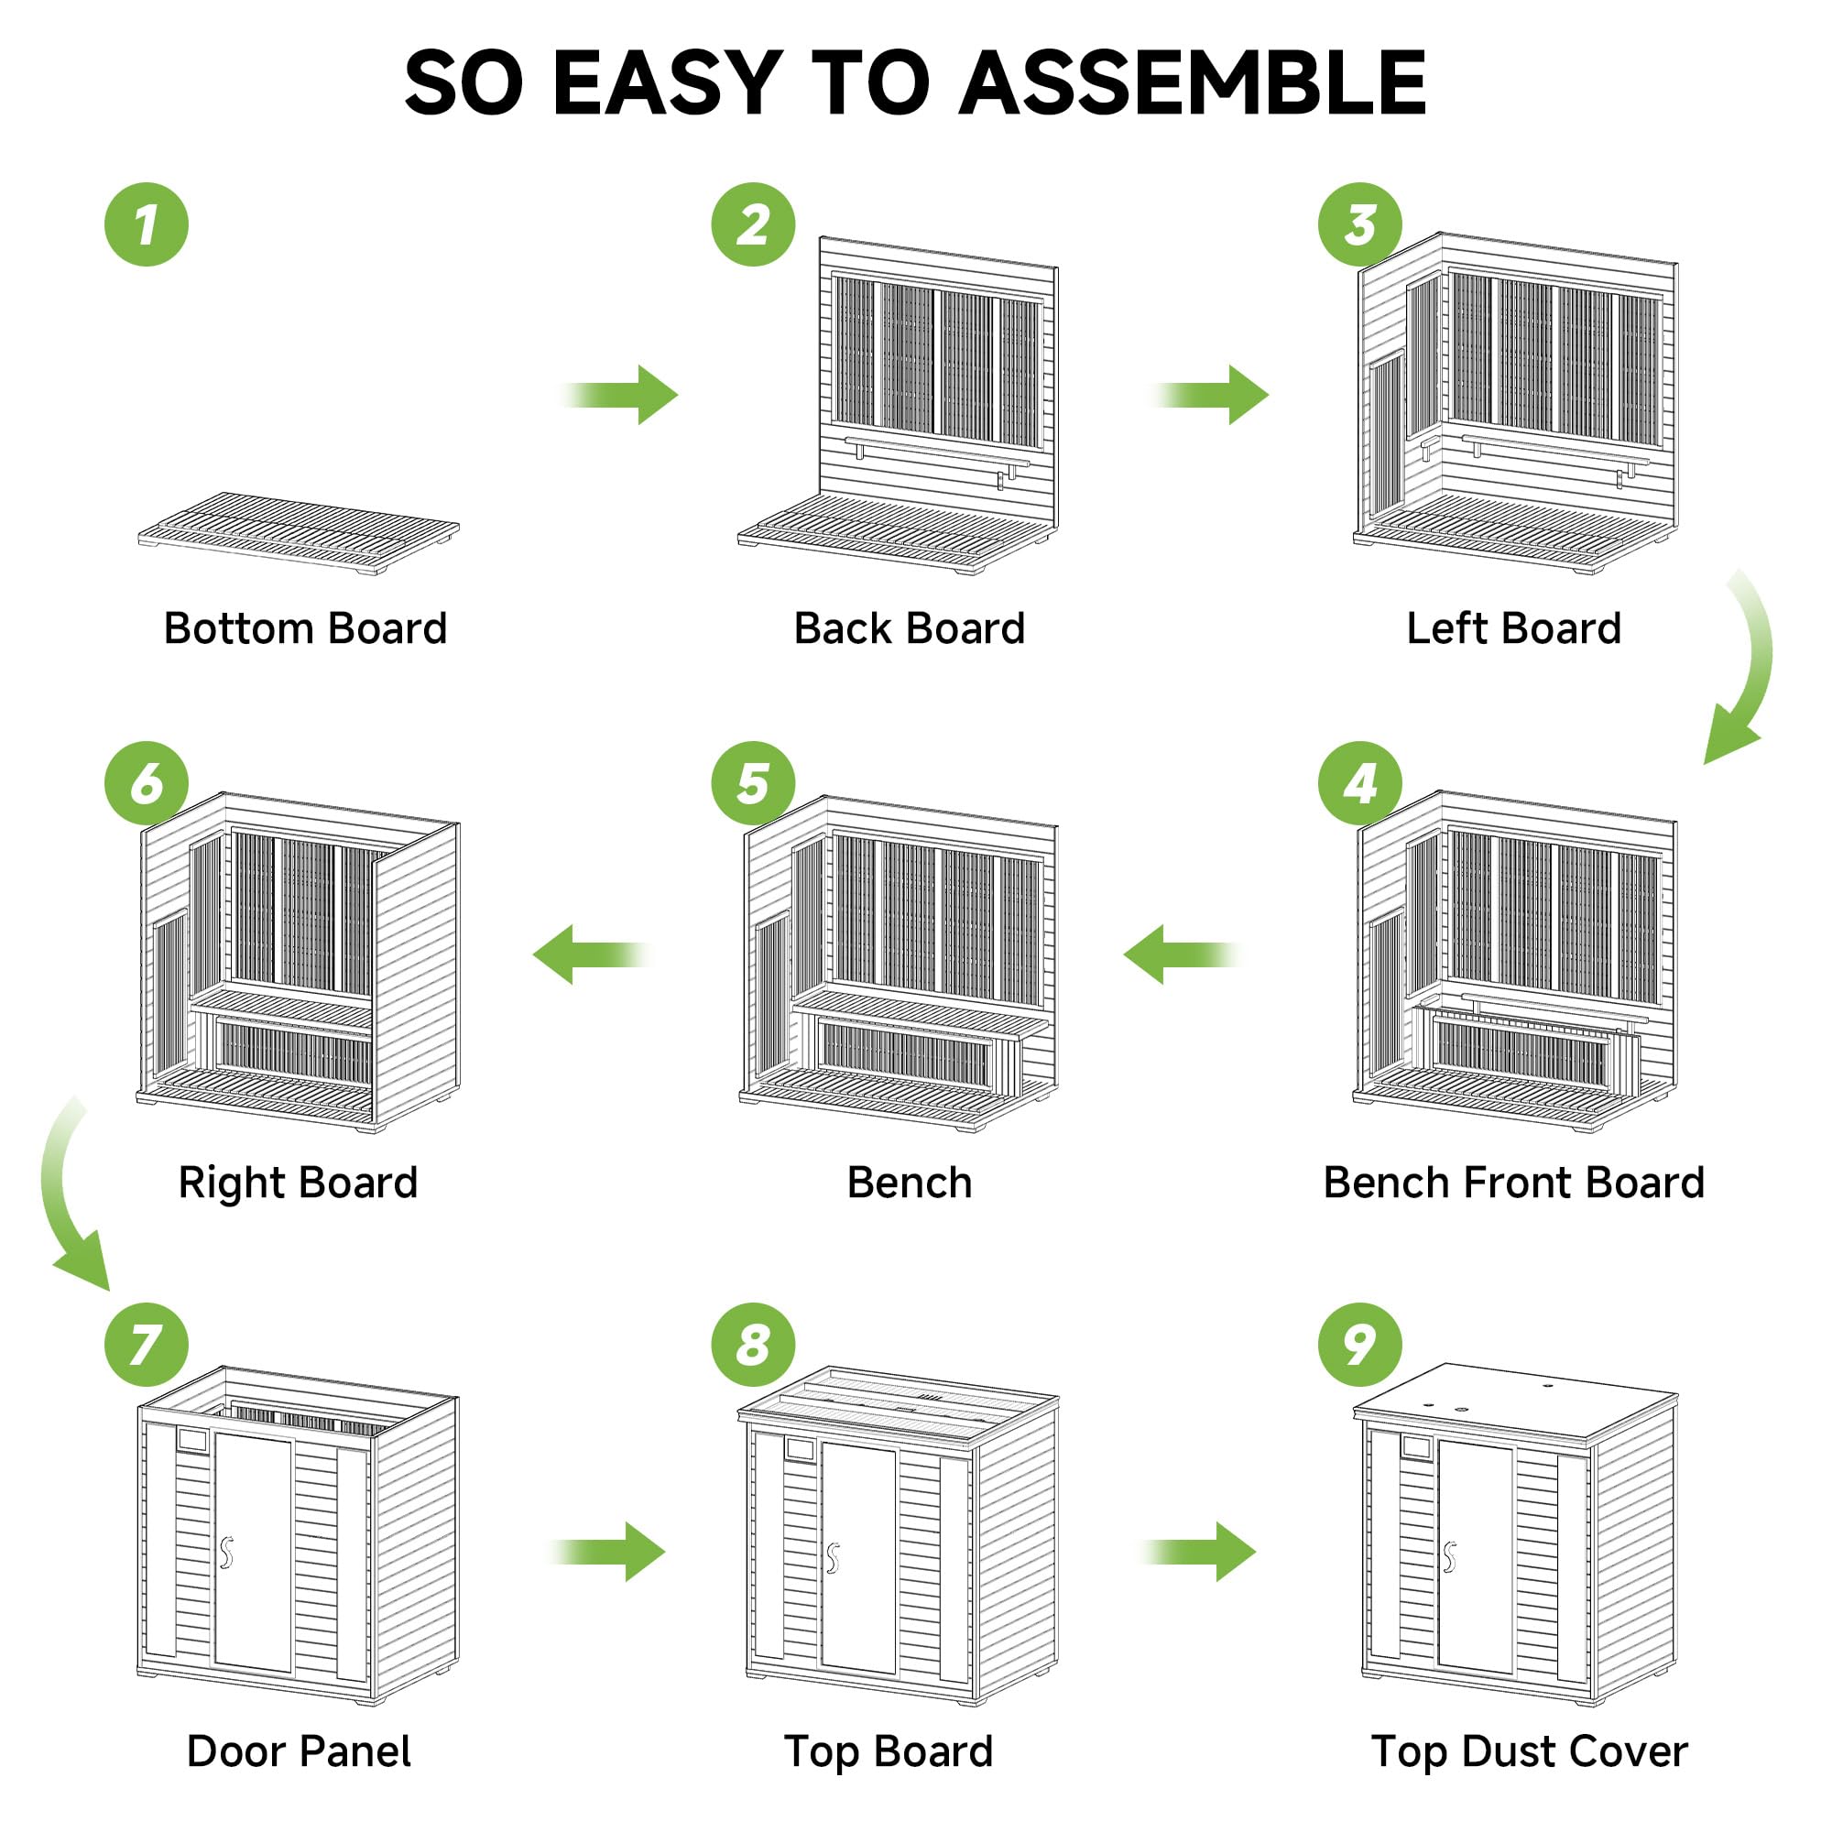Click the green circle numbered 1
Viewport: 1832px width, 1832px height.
coord(146,224)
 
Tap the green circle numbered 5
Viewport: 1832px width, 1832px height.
coord(753,783)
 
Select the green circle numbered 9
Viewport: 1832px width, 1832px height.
coord(1359,1345)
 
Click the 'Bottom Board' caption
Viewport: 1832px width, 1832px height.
coord(305,627)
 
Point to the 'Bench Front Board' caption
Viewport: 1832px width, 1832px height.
coord(1513,1183)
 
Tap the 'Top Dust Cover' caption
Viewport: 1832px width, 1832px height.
coord(1529,1751)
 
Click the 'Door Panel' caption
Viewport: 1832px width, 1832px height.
coord(299,1751)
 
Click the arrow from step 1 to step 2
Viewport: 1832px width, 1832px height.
coord(621,394)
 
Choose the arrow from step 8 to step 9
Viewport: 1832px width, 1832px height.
coord(1200,1553)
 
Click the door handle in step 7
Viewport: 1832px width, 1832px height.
coord(225,1553)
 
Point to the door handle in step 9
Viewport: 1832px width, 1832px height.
coord(1449,1556)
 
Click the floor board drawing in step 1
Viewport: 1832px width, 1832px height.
coord(299,531)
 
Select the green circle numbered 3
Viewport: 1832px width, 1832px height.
coord(1359,224)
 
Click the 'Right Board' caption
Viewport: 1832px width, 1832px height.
coord(298,1183)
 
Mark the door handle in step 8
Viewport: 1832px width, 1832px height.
coord(833,1557)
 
